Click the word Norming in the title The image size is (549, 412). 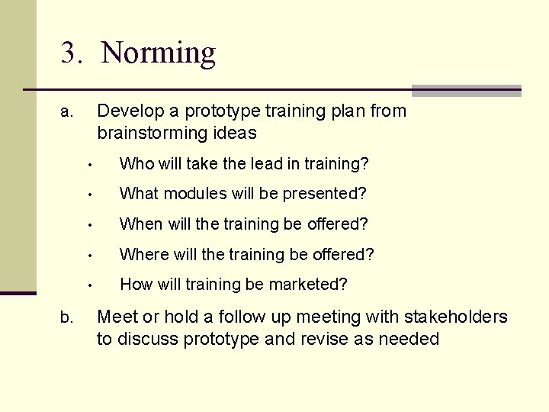158,53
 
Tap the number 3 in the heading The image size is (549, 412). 70,53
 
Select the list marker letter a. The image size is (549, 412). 66,113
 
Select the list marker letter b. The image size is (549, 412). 66,317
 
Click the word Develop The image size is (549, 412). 130,111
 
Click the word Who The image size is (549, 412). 136,163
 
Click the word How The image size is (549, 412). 136,285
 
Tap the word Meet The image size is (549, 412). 117,317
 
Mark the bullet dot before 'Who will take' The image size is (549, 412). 89,165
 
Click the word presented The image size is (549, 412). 322,194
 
